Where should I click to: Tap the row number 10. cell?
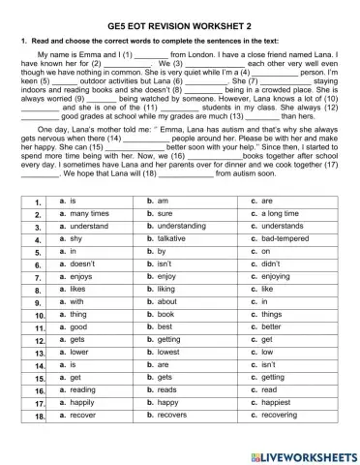40,315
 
